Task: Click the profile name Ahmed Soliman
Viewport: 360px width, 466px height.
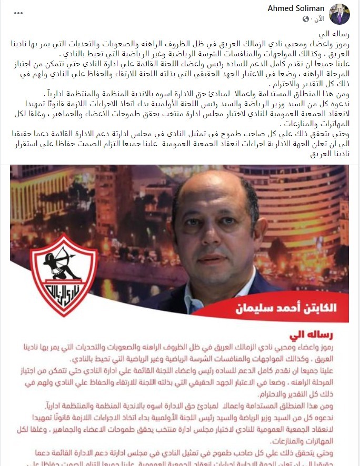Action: (x=296, y=9)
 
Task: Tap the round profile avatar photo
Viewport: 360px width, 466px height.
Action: (x=339, y=14)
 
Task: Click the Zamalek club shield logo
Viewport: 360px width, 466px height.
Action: (x=64, y=273)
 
